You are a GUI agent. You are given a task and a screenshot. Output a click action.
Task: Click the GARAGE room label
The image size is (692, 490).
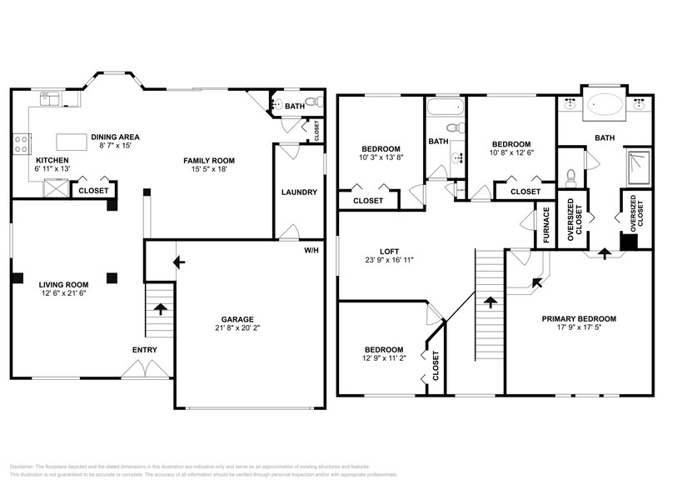[237, 318]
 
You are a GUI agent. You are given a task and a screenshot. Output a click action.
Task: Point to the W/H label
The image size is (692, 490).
[311, 250]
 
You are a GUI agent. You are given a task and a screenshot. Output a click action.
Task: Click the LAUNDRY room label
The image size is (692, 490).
[299, 192]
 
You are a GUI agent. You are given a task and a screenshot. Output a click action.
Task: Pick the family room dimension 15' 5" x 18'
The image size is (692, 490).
[209, 169]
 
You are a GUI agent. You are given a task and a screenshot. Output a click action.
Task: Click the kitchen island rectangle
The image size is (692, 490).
[72, 142]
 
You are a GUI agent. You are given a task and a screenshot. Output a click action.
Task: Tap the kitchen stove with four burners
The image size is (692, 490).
[21, 142]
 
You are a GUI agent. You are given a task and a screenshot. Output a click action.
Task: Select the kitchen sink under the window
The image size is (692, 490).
[49, 100]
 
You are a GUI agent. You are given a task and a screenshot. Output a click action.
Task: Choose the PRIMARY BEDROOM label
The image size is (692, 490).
[579, 318]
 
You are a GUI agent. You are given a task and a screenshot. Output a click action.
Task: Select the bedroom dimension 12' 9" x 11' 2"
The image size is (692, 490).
[383, 359]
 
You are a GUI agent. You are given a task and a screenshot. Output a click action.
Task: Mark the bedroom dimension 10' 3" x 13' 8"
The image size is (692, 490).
[381, 157]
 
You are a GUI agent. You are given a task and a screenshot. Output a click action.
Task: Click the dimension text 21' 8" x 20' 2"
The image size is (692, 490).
[237, 327]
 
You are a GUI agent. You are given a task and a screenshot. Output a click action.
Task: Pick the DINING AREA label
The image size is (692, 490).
[115, 137]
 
